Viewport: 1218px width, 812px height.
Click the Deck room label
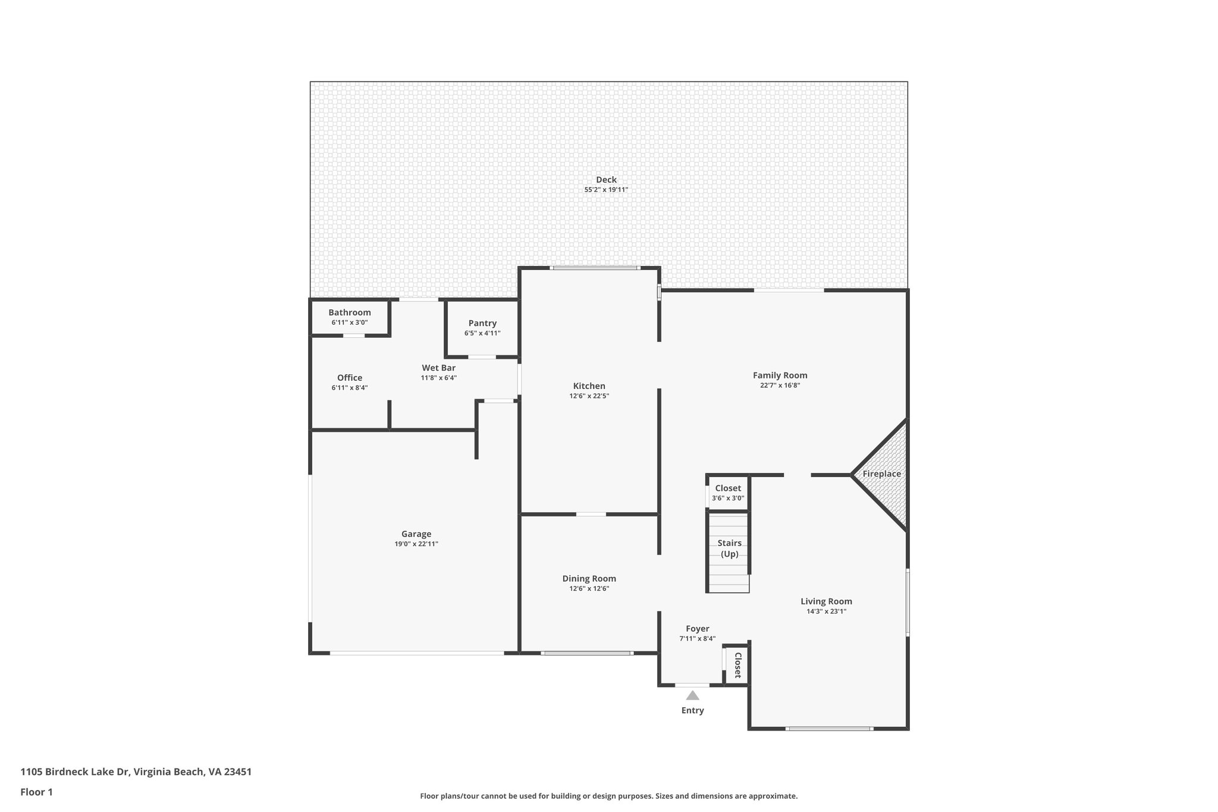tap(606, 180)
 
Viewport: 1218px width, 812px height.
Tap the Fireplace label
tap(881, 474)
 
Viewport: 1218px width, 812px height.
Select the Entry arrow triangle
tap(692, 695)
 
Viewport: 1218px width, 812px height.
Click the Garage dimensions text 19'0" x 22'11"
tap(416, 544)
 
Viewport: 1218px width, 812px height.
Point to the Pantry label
tap(482, 323)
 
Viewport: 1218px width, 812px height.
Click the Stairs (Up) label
tap(729, 548)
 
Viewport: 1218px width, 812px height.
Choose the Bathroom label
tap(349, 312)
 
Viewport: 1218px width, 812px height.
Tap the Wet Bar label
tap(439, 368)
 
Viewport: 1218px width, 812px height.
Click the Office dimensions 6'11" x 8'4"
tap(350, 388)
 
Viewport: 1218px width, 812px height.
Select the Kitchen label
tap(589, 386)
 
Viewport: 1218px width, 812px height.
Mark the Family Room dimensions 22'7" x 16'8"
tap(780, 385)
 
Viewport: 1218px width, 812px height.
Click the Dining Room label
tap(589, 578)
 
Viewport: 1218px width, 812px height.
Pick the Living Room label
tap(826, 601)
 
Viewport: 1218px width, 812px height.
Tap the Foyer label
tap(697, 629)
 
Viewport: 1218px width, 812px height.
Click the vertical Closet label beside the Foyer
tap(737, 665)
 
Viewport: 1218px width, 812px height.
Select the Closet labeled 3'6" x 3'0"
tap(728, 488)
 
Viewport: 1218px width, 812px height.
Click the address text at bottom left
tap(136, 772)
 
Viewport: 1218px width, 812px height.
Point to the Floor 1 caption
tap(37, 792)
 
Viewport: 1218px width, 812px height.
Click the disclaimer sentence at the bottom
tap(608, 796)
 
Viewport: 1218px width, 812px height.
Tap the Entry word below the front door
tap(692, 710)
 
